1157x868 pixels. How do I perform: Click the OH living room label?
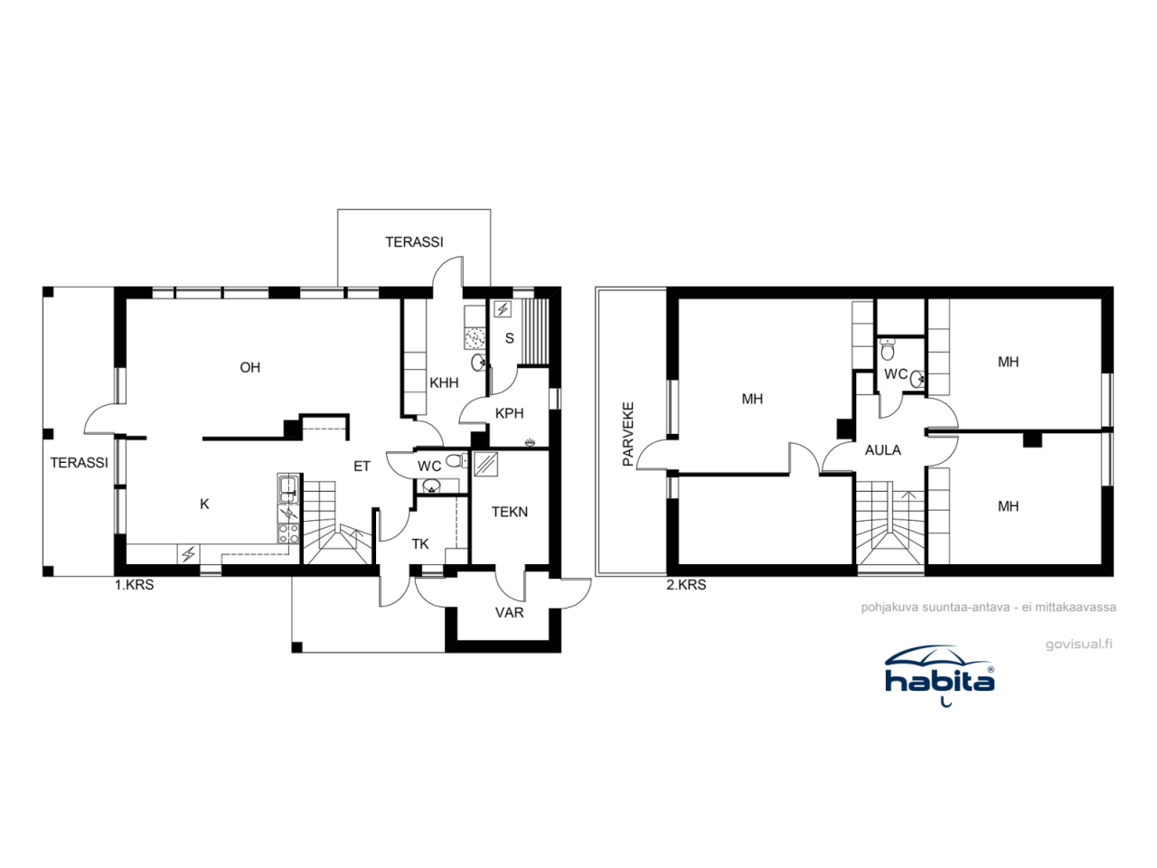[x=249, y=367]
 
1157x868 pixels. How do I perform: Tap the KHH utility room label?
[x=444, y=382]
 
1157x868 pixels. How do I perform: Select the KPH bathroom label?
[x=509, y=413]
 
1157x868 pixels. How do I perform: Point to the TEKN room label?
[x=509, y=512]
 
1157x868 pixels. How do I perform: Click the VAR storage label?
[x=509, y=612]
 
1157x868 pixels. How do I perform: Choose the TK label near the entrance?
[x=420, y=543]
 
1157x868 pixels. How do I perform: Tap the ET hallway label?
[x=362, y=467]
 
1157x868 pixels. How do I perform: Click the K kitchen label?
[x=204, y=504]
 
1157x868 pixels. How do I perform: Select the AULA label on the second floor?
[x=882, y=449]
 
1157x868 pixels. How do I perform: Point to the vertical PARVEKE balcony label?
[x=628, y=434]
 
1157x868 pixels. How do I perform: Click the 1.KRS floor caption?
[x=134, y=585]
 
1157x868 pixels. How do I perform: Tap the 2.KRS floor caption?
[x=686, y=585]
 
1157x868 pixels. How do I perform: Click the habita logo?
[x=939, y=674]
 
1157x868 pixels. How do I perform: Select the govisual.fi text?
[x=1078, y=645]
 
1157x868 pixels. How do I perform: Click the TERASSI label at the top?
[x=414, y=241]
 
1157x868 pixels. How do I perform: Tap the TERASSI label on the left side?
[x=79, y=462]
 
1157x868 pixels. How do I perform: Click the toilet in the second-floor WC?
[x=888, y=349]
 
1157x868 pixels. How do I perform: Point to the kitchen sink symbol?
[x=287, y=489]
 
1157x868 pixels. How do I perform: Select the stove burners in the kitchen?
[x=287, y=533]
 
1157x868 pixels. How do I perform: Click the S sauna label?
[x=509, y=338]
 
